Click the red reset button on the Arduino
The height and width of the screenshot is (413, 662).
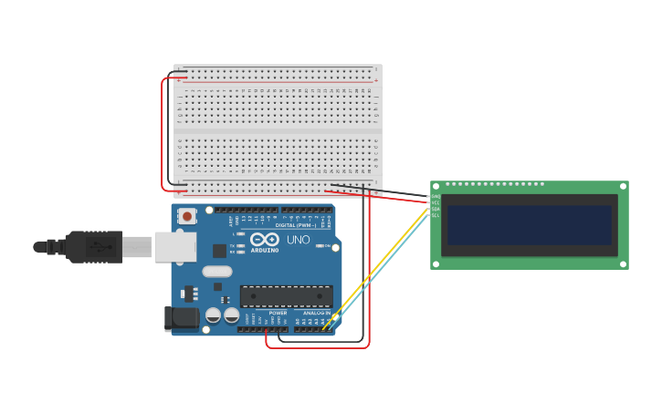pyautogui.click(x=187, y=216)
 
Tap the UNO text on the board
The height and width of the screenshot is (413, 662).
pyautogui.click(x=299, y=240)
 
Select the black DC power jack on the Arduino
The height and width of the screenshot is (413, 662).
pyautogui.click(x=181, y=317)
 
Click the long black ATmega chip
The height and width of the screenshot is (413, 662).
pyautogui.click(x=286, y=295)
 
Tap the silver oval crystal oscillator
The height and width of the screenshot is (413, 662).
pyautogui.click(x=217, y=271)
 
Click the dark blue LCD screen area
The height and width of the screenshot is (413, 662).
pyautogui.click(x=529, y=224)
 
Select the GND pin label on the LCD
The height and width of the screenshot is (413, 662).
pyautogui.click(x=436, y=196)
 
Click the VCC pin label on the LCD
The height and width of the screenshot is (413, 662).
pyautogui.click(x=436, y=202)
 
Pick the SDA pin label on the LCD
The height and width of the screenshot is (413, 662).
pyautogui.click(x=436, y=209)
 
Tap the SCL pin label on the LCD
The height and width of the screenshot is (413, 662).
pyautogui.click(x=436, y=215)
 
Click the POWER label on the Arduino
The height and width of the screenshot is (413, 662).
pyautogui.click(x=278, y=313)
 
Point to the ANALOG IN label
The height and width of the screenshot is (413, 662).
pyautogui.click(x=317, y=313)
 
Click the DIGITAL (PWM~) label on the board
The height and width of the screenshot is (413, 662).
pyautogui.click(x=297, y=225)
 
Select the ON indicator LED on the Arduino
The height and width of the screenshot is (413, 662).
pyautogui.click(x=319, y=245)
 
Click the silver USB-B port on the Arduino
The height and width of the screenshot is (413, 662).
pyautogui.click(x=174, y=246)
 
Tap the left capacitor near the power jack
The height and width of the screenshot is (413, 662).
pyautogui.click(x=213, y=315)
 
